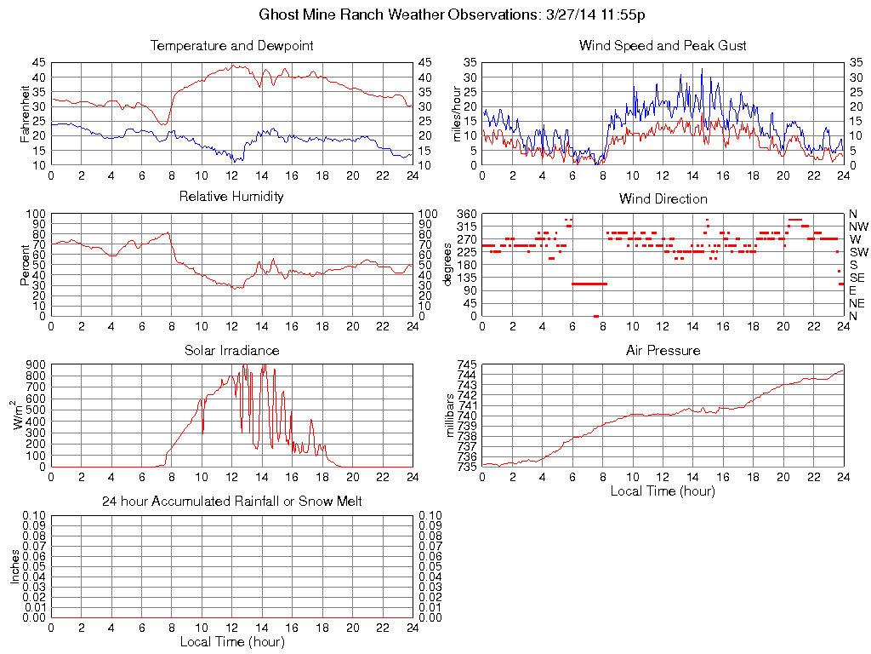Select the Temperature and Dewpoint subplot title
tap(231, 45)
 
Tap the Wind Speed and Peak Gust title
tap(663, 45)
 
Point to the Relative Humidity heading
tap(231, 197)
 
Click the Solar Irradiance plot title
tap(231, 350)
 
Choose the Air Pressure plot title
tap(663, 350)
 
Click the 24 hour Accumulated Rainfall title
tap(231, 502)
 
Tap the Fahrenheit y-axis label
tap(25, 114)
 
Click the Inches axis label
tap(14, 566)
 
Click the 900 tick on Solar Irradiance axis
tap(36, 364)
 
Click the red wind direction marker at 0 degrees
tap(595, 316)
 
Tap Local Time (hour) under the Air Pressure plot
tap(663, 490)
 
